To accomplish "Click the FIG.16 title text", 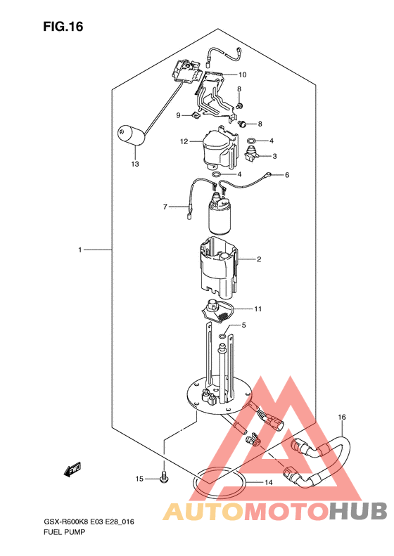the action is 63,27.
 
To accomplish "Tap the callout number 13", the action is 135,164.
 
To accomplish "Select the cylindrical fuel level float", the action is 132,136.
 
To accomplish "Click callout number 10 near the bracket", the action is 242,75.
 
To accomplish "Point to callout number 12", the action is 184,141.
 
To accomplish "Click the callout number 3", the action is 274,156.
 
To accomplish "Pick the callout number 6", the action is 287,175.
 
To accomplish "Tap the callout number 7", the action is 165,207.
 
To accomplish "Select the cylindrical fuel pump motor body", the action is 219,217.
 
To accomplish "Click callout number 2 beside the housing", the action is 259,259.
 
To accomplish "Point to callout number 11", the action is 258,309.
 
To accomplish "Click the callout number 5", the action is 243,325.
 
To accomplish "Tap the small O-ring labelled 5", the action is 222,335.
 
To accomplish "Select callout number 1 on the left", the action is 80,250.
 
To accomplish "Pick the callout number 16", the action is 341,418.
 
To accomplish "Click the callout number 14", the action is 268,482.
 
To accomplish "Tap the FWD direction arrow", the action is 72,468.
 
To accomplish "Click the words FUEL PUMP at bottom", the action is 64,532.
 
